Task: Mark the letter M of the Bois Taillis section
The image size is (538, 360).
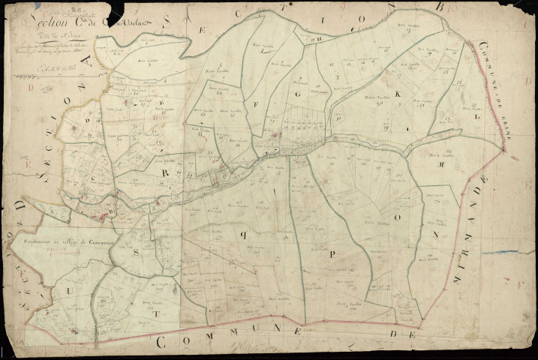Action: [442, 163]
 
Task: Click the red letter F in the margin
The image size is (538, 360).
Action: [515, 283]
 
